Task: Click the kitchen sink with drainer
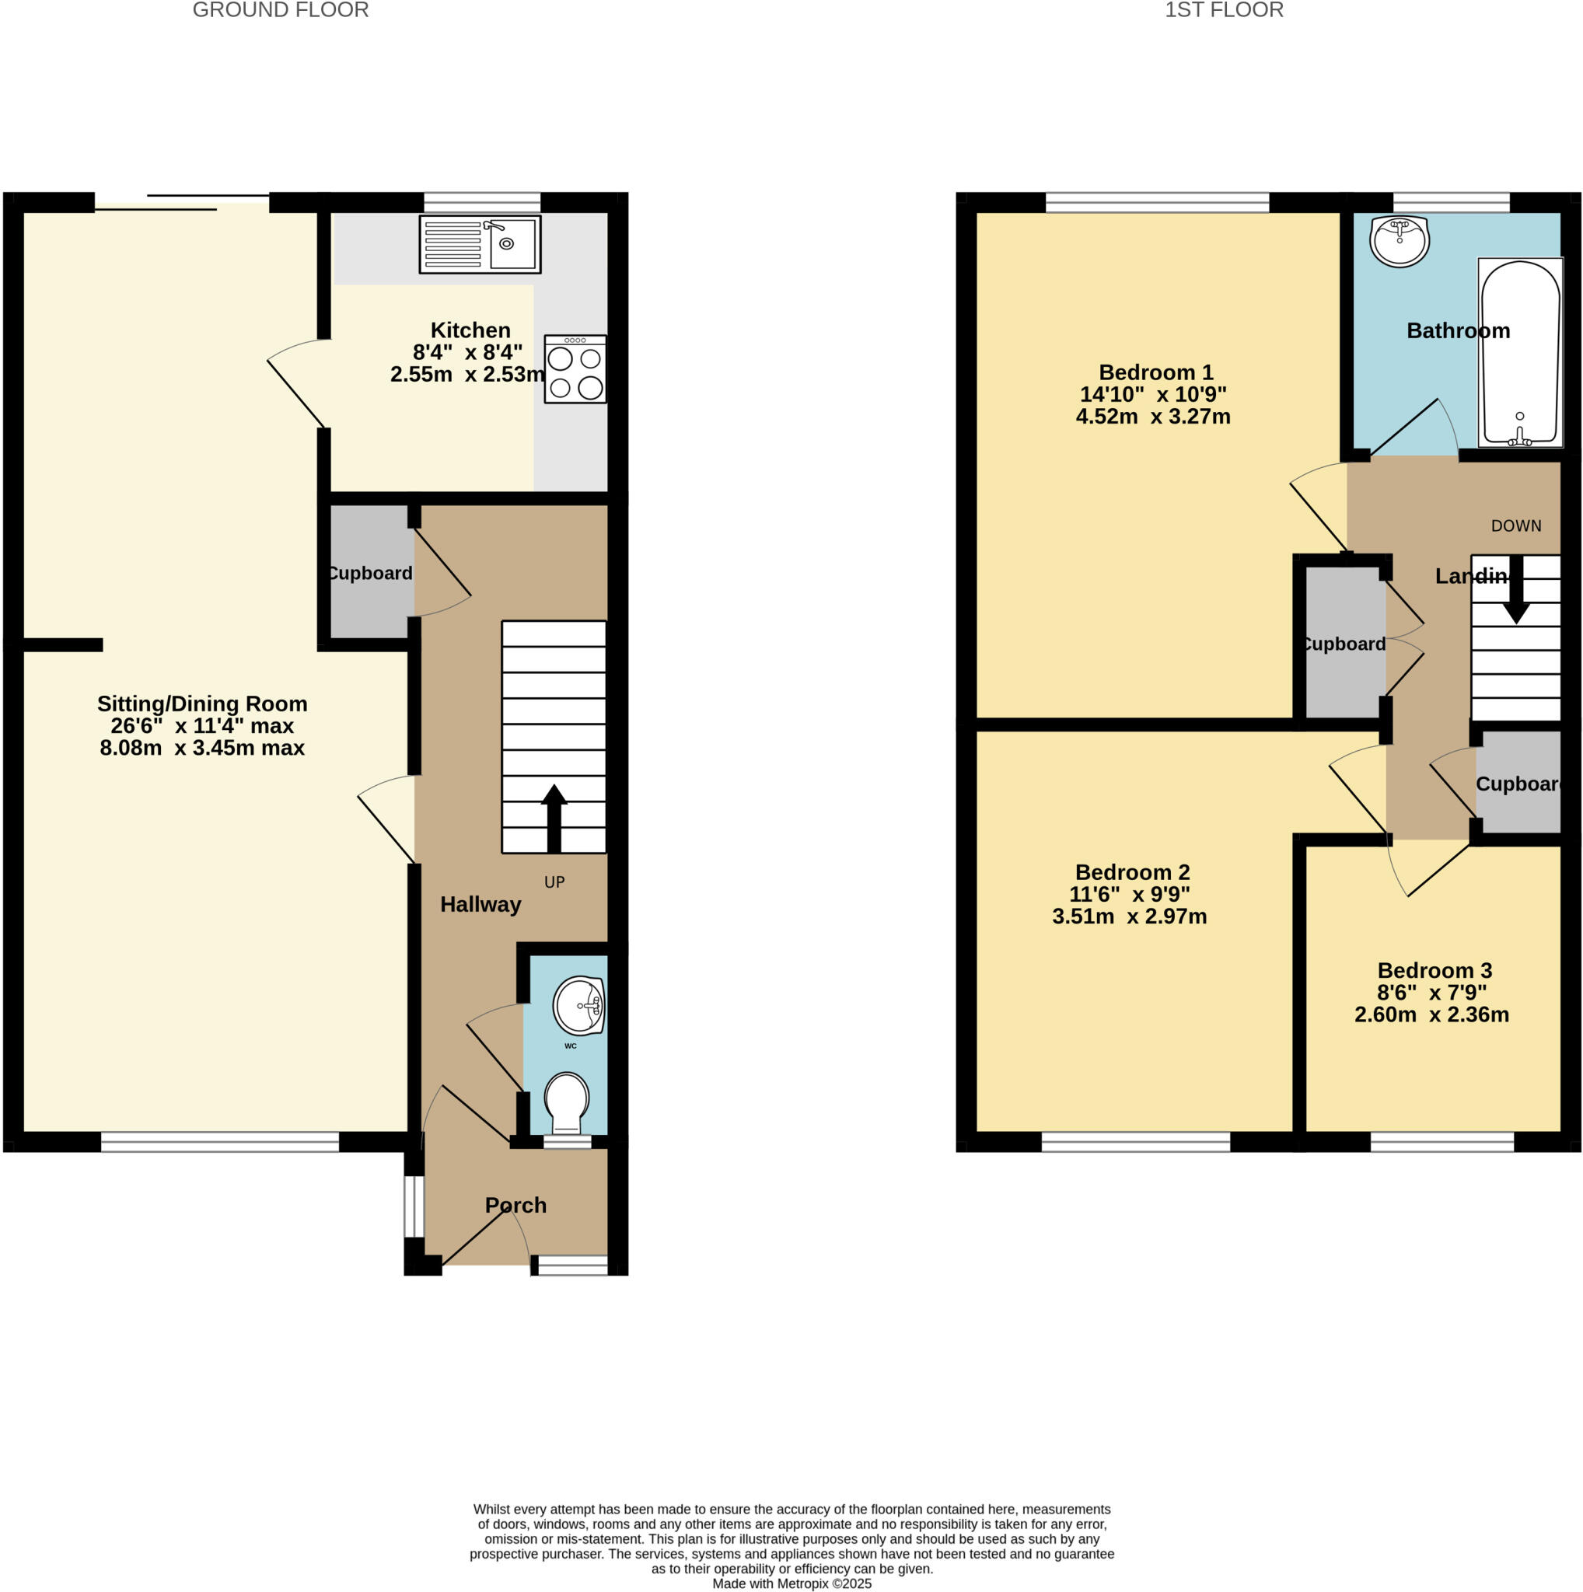point(480,244)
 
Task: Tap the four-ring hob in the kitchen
point(575,369)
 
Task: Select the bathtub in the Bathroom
point(1519,353)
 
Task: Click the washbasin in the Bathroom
point(1399,242)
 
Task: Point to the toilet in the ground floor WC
point(566,1101)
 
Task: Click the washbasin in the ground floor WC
point(578,1005)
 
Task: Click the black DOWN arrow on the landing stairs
point(1515,590)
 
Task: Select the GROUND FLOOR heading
point(280,10)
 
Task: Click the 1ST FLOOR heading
point(1223,10)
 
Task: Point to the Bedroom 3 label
point(1434,971)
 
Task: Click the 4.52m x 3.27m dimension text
point(1152,416)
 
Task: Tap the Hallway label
point(480,905)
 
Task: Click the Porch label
point(515,1206)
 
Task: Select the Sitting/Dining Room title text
point(202,703)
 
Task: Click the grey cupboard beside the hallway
point(369,574)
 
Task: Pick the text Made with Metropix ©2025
point(791,1583)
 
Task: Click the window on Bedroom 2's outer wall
point(1134,1141)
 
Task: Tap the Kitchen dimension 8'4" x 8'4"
point(467,353)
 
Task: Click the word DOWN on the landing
point(1515,525)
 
